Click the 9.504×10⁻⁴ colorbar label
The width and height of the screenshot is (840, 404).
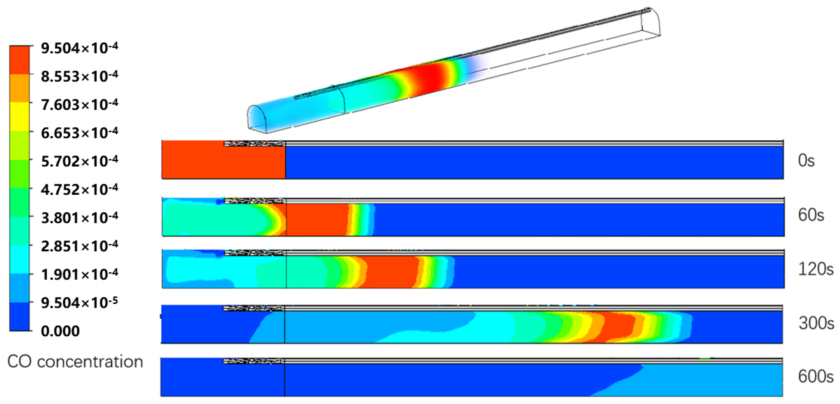pyautogui.click(x=79, y=48)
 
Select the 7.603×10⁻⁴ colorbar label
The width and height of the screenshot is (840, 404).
pyautogui.click(x=79, y=104)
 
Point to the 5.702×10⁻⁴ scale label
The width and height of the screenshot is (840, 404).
pyautogui.click(x=79, y=161)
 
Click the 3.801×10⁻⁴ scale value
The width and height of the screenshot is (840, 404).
pyautogui.click(x=79, y=217)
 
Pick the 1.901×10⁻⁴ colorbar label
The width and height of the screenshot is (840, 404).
pyautogui.click(x=79, y=274)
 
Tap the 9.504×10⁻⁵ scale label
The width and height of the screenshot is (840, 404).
pyautogui.click(x=79, y=303)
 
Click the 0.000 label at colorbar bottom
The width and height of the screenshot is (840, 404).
pyautogui.click(x=60, y=331)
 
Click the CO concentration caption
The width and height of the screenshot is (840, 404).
pyautogui.click(x=75, y=362)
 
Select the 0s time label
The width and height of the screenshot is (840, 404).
pyautogui.click(x=806, y=161)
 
